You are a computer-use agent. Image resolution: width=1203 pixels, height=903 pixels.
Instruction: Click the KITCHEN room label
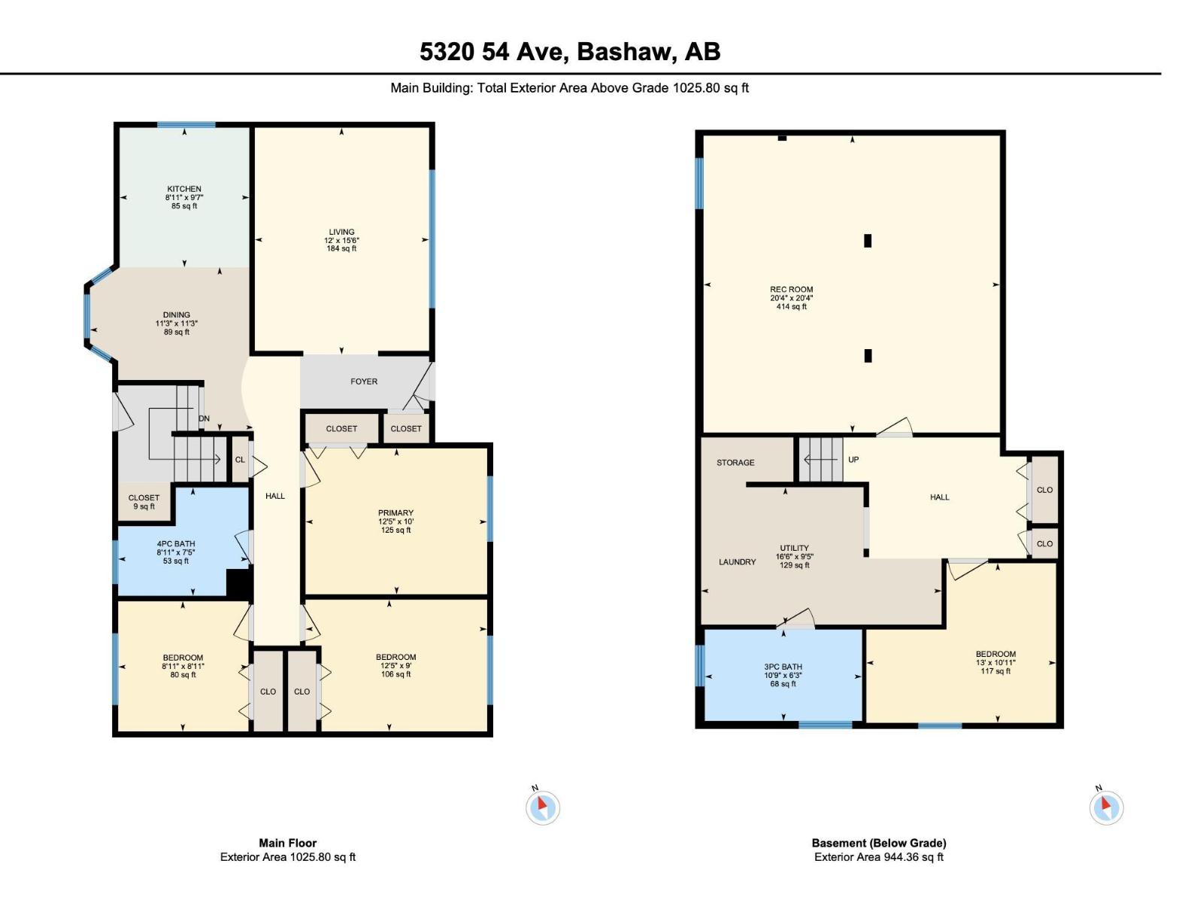tap(184, 189)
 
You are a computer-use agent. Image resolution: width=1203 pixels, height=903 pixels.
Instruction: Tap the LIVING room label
tap(341, 232)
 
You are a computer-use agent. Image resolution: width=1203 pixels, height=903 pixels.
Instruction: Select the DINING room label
tap(177, 315)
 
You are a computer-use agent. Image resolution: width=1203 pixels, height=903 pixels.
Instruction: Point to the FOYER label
tap(364, 382)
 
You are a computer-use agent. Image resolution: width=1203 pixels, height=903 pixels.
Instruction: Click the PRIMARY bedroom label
tap(395, 513)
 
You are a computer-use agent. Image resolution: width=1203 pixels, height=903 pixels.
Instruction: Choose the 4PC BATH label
tap(176, 544)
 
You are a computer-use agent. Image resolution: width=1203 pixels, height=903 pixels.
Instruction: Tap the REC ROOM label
tap(792, 290)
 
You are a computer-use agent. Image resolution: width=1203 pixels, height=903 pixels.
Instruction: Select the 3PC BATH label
tap(783, 667)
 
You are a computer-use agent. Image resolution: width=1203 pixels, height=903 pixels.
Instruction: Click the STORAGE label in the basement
tap(735, 463)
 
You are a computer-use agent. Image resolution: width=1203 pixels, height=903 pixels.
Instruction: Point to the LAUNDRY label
tap(737, 562)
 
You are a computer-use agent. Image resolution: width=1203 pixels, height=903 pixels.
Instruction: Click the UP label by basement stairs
tap(853, 460)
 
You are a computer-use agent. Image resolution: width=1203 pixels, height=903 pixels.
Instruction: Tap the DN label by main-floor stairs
tap(204, 418)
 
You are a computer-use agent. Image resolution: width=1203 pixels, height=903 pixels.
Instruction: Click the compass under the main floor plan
tap(543, 807)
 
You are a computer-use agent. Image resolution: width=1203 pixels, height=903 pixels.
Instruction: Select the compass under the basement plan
tap(1106, 807)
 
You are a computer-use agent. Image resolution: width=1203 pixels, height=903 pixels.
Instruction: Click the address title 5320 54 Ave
tap(570, 51)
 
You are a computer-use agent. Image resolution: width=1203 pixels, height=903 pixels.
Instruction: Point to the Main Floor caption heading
tap(288, 843)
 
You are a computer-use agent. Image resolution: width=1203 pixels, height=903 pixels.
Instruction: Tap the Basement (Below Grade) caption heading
tap(879, 843)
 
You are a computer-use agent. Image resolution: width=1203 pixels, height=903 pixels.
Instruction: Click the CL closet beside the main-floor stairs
tap(240, 460)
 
